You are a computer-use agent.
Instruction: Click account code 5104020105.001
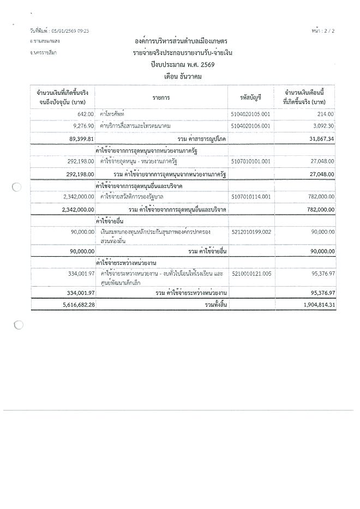(x=250, y=113)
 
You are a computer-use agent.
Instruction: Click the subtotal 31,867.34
(x=319, y=139)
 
